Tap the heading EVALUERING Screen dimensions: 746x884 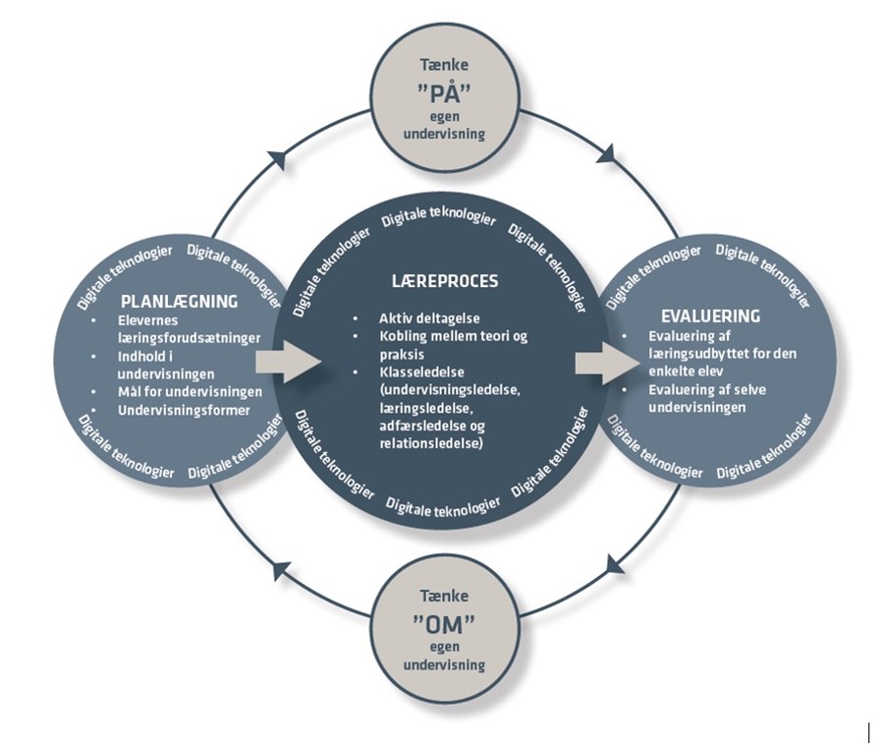coord(712,316)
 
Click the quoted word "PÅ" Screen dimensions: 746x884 coord(444,96)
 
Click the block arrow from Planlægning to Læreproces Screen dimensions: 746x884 coord(288,363)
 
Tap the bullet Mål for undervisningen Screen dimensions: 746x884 coord(188,391)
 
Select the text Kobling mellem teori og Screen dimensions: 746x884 coord(453,337)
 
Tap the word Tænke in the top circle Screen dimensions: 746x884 coord(444,67)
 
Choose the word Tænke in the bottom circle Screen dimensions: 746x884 coord(444,596)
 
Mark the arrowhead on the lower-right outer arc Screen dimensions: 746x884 coord(616,564)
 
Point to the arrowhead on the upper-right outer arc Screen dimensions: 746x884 coord(608,153)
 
